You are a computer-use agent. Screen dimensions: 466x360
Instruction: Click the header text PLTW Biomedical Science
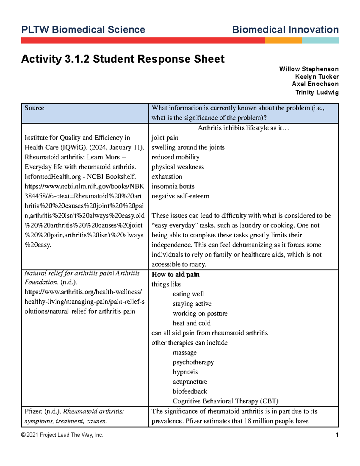pos(83,30)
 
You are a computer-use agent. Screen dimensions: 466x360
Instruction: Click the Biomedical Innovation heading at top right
pos(285,30)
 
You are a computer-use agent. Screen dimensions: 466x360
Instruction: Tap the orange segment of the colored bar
pos(283,41)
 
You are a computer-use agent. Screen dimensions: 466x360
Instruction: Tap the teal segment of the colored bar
pos(320,41)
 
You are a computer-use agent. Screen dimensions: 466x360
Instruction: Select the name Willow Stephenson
pos(309,69)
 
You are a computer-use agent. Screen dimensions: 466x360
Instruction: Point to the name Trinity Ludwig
pos(317,92)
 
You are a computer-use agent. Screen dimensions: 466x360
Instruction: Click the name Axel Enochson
pos(315,84)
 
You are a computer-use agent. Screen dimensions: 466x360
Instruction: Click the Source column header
pos(34,108)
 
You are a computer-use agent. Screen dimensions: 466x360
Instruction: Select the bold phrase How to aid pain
pos(175,274)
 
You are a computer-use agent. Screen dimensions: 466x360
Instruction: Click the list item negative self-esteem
pos(180,196)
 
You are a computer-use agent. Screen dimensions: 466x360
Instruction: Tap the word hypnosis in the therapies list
pos(185,372)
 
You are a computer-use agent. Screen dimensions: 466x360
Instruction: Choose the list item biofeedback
pos(190,391)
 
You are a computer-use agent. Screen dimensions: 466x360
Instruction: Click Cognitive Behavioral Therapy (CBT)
pos(225,401)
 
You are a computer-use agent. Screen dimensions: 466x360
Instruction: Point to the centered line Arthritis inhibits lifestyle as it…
pos(243,128)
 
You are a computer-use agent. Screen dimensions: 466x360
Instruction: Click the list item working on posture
pos(200,314)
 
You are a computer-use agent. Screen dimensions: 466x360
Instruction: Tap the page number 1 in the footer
pos(337,435)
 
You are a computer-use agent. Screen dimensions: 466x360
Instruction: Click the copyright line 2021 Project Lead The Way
pos(62,435)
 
